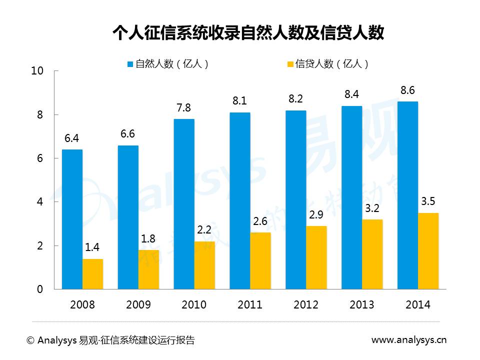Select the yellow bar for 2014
coord(428,251)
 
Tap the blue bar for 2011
coord(240,200)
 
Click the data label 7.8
coord(183,108)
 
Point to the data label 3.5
coord(428,202)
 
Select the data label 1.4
coord(93,248)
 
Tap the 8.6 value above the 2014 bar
coord(407,90)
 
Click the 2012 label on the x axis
coord(306,305)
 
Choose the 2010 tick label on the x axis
coord(194,305)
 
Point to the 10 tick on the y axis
coord(37,71)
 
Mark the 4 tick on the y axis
coord(40,202)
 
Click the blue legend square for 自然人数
coord(130,64)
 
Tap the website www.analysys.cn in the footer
coord(409,340)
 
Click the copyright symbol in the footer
coord(30,340)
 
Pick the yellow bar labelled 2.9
coord(316,257)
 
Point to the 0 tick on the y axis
coord(40,289)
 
